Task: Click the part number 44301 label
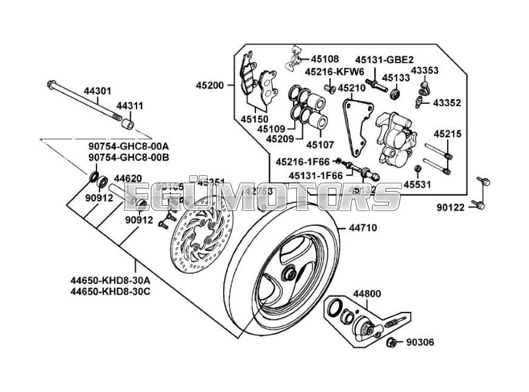click(97, 91)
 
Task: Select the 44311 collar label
click(130, 106)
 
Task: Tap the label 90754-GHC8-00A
click(129, 146)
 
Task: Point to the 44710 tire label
click(362, 228)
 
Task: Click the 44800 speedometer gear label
click(367, 293)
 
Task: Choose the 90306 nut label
click(420, 343)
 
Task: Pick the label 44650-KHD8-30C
click(111, 291)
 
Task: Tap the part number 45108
click(325, 59)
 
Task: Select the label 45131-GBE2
click(384, 60)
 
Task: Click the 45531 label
click(417, 184)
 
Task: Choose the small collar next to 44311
click(127, 125)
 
